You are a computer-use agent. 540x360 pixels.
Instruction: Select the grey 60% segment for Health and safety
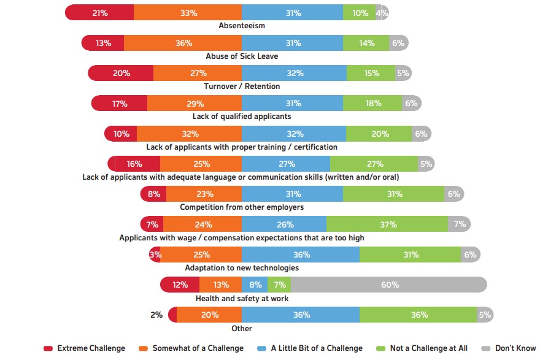tap(389, 285)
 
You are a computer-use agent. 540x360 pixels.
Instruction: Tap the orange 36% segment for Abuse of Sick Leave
tap(183, 43)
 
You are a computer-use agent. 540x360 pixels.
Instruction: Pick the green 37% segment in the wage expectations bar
tap(387, 224)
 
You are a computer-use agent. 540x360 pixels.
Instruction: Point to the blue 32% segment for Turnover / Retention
tap(295, 73)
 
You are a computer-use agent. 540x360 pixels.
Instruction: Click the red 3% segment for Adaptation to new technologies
tap(155, 255)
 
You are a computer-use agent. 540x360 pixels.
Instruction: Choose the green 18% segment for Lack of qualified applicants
tap(373, 104)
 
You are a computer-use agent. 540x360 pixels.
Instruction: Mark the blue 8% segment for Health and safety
tap(255, 285)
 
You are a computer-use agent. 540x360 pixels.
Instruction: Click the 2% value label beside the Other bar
tap(156, 315)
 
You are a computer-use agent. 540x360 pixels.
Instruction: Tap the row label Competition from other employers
tap(242, 207)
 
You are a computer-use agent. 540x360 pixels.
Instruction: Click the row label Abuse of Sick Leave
tap(242, 56)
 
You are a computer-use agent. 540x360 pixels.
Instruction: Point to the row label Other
tap(242, 329)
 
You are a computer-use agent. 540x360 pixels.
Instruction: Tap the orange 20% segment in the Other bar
tap(209, 315)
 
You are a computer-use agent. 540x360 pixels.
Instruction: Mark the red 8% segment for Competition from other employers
tap(153, 194)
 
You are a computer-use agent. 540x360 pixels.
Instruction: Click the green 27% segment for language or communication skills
tap(374, 164)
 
